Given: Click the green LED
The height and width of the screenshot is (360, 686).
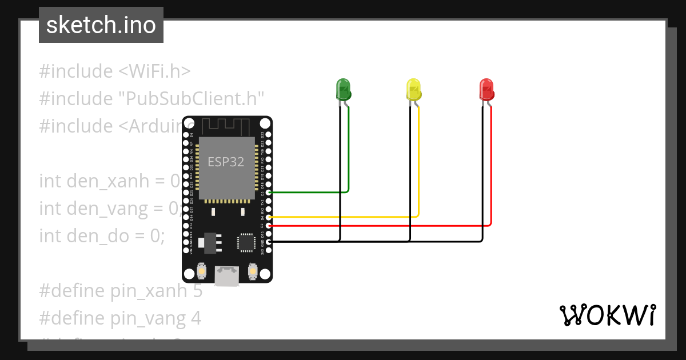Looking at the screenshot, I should point(342,89).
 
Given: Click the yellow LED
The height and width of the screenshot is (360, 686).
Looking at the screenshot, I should point(413,89).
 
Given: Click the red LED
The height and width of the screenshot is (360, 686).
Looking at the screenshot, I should point(486,89).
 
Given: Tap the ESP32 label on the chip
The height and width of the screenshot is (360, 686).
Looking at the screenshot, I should point(226,162).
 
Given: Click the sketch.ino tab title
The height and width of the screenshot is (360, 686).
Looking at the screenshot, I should point(101,25).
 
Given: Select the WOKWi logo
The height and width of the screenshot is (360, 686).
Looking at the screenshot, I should point(607,315).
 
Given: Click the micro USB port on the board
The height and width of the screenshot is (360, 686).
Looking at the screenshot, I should point(227,277).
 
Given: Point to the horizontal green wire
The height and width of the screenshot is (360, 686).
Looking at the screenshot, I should point(309,192).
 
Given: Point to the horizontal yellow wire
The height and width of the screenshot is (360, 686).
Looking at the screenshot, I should point(343,217).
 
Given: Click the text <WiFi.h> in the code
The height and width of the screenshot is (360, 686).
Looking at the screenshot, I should point(154,71).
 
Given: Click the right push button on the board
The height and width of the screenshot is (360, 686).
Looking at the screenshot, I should point(252,271).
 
